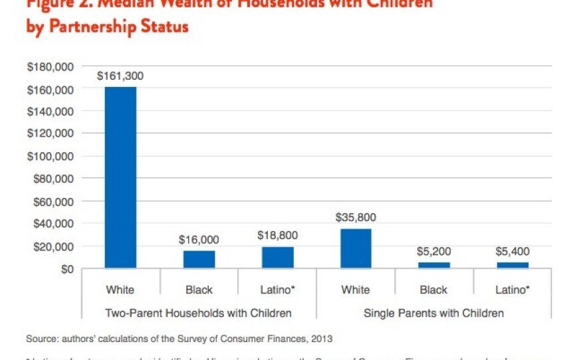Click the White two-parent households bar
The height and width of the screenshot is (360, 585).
pyautogui.click(x=120, y=177)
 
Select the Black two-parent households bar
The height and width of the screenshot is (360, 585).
pyautogui.click(x=199, y=259)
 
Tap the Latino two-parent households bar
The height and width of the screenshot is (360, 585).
pyautogui.click(x=277, y=257)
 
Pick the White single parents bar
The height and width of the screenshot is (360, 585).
pyautogui.click(x=356, y=248)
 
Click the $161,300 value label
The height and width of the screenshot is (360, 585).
pyautogui.click(x=120, y=76)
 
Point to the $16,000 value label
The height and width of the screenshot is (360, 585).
pyautogui.click(x=199, y=240)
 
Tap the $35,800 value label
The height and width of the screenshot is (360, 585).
pyautogui.click(x=356, y=217)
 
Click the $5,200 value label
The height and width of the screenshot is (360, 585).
pyautogui.click(x=434, y=252)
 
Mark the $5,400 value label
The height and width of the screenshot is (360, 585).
pyautogui.click(x=513, y=252)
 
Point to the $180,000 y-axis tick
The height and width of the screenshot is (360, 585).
pyautogui.click(x=50, y=67)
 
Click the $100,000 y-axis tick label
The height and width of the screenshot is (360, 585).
pyautogui.click(x=50, y=157)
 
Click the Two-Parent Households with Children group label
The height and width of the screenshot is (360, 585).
pyautogui.click(x=199, y=312)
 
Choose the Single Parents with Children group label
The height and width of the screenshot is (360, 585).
pyautogui.click(x=433, y=312)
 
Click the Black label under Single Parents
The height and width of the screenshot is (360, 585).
pyautogui.click(x=434, y=290)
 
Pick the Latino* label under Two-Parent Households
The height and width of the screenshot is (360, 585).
pyautogui.click(x=277, y=290)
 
